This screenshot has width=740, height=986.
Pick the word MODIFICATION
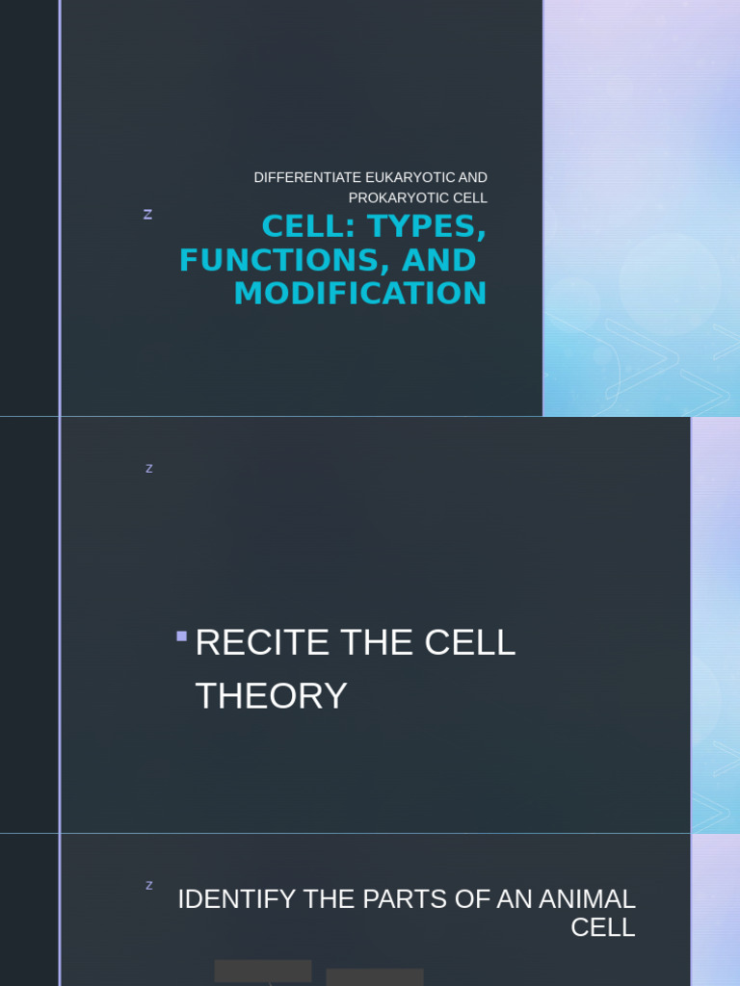tap(360, 294)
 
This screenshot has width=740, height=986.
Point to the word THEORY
tap(271, 695)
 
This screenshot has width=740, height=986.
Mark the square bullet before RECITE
tap(181, 636)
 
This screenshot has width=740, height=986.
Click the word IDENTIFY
tap(236, 899)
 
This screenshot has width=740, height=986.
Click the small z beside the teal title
tap(147, 215)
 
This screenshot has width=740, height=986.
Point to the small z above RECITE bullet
tap(149, 469)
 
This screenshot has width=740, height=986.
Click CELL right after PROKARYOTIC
tap(470, 197)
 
